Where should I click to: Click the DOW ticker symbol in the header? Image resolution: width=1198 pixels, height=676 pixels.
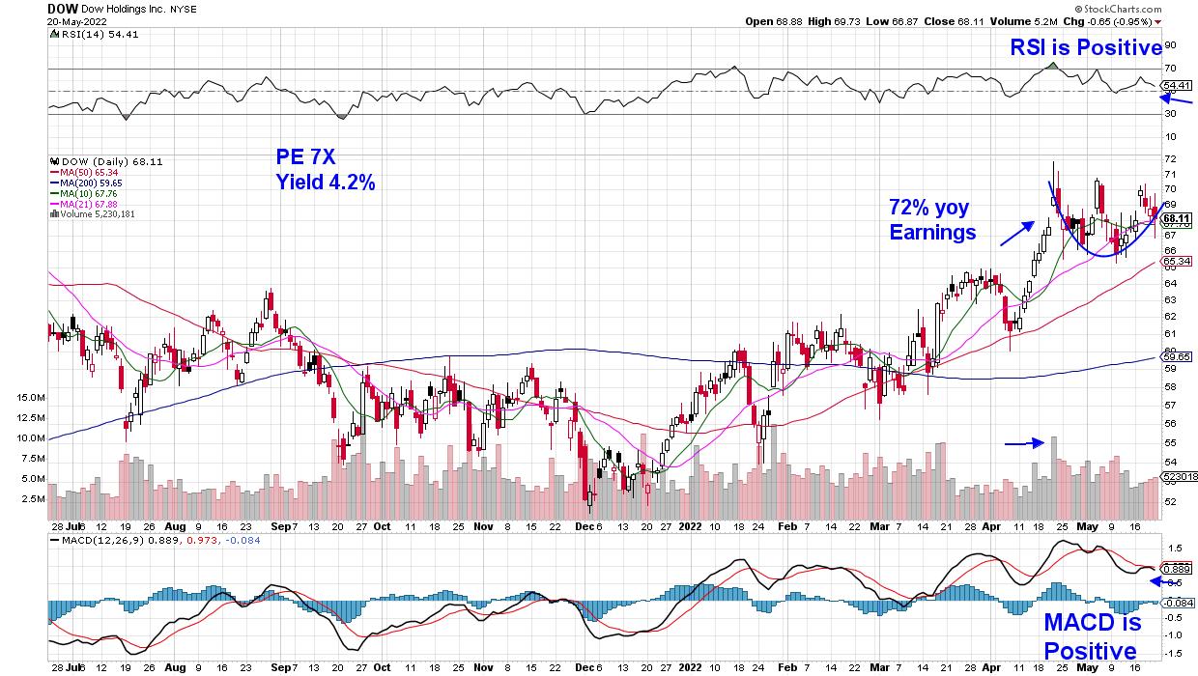(63, 8)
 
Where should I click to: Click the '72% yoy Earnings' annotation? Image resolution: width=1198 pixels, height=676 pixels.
(931, 219)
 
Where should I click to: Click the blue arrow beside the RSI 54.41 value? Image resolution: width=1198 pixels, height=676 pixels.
(1182, 100)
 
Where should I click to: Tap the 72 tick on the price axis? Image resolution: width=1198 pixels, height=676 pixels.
(1169, 157)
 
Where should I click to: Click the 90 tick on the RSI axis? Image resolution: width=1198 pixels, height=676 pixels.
(1169, 44)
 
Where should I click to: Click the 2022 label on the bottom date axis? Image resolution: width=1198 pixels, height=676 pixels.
(692, 527)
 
